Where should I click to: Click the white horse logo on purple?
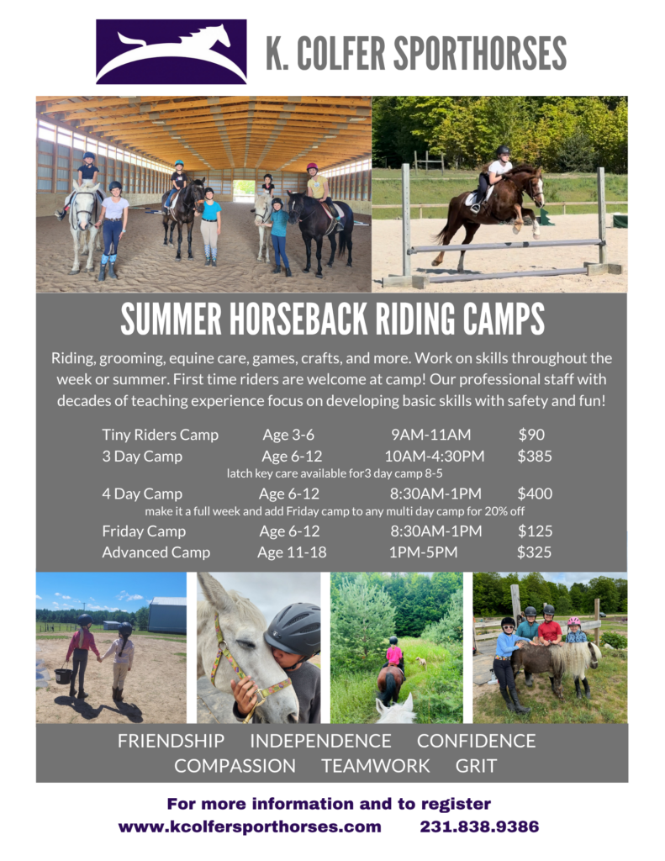point(171,51)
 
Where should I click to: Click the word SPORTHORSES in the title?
point(480,54)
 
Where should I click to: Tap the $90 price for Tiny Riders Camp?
point(531,435)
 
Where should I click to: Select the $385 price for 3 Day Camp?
point(535,456)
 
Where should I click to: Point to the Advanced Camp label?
point(156,552)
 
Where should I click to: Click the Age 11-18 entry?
point(292,552)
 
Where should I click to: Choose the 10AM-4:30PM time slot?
point(435,456)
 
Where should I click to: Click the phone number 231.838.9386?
point(479,827)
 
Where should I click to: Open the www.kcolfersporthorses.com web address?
point(250,827)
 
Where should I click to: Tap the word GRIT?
point(476,765)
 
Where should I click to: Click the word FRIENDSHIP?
point(171,741)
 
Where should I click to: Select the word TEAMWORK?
point(376,765)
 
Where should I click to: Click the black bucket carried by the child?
point(63,675)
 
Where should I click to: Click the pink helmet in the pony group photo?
point(574,621)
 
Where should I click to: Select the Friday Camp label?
point(144,531)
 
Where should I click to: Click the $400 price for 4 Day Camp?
point(535,493)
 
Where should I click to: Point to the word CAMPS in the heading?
point(504,319)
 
